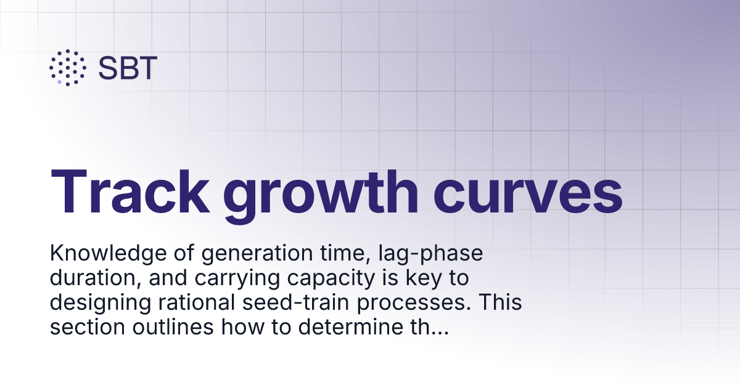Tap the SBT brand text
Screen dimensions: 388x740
[128, 68]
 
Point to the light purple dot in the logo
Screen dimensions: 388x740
[59, 81]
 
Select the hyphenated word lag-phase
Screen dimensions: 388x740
[414, 254]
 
